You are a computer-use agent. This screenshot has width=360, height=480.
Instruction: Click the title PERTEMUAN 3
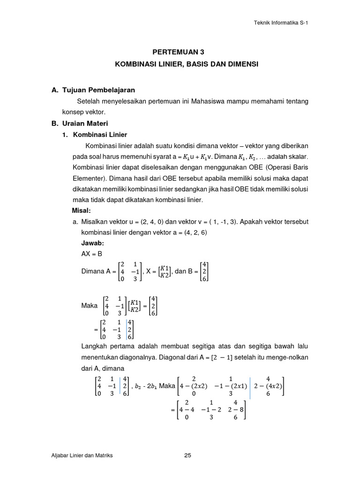(180, 52)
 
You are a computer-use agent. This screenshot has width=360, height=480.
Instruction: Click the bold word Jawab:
(92, 243)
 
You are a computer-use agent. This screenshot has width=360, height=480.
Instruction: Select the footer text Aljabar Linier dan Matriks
(82, 455)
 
